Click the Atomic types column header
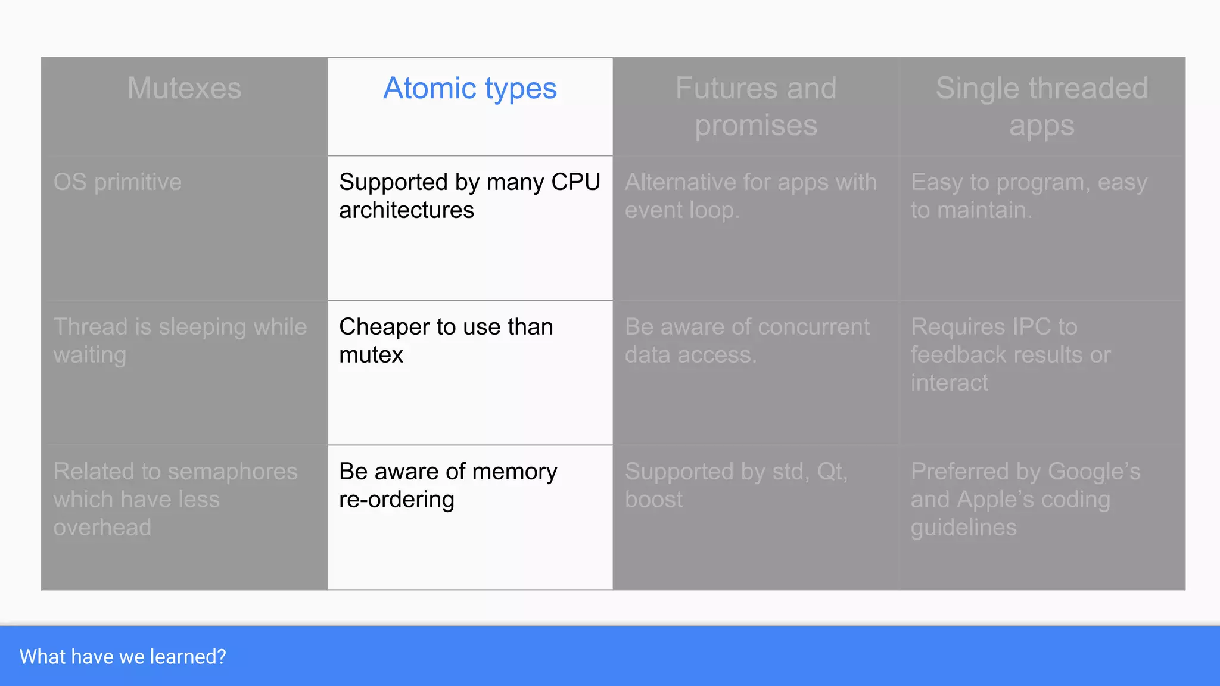470,89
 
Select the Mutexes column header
184,89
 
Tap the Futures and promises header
756,107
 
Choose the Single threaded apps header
1041,107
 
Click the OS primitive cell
117,182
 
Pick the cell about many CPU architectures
469,196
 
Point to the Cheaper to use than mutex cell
446,341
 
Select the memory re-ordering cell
448,485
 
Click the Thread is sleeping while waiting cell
180,341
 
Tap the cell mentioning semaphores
175,499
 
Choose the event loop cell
751,196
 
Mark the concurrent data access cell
747,341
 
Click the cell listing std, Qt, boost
736,485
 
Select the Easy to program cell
1029,196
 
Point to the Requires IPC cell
1010,354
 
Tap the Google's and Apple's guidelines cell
1025,499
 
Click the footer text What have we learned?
123,657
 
